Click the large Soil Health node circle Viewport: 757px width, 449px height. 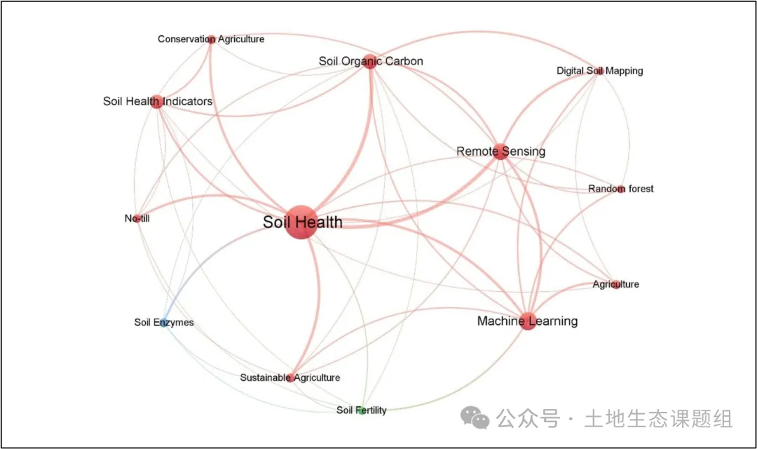[x=301, y=222]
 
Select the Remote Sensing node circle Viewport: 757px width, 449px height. [x=500, y=152]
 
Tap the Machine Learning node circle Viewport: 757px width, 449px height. [x=528, y=321]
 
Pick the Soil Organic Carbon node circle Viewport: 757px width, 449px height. [x=370, y=62]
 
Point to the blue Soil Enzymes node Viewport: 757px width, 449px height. [x=163, y=323]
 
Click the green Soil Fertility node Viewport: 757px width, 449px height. [x=362, y=410]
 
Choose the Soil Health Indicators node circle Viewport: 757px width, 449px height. [x=157, y=102]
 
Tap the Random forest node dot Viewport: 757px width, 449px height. [x=620, y=189]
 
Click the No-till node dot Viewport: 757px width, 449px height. [x=137, y=219]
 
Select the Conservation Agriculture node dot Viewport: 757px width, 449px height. [x=211, y=39]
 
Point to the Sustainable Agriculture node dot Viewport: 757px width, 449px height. [x=291, y=378]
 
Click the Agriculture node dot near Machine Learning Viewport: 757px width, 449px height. [x=616, y=284]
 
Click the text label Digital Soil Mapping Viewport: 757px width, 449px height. [x=599, y=71]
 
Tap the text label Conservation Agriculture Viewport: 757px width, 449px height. [x=211, y=39]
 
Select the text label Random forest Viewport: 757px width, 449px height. [x=620, y=189]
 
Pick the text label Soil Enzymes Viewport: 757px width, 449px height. [x=163, y=323]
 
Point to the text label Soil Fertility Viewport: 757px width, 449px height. [x=362, y=410]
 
